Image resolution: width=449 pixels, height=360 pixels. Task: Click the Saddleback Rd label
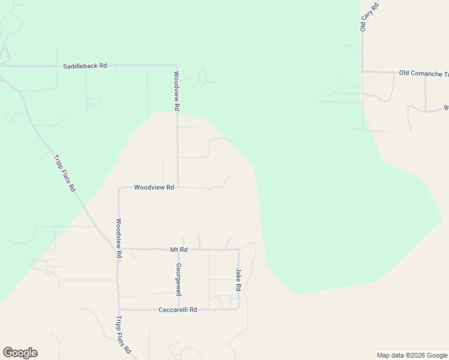coord(85,65)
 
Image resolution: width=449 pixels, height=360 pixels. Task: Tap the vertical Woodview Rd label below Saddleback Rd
coord(176,91)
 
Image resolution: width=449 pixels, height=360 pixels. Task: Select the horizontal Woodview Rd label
coord(154,187)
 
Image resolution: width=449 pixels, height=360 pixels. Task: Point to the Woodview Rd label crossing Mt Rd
coord(119,238)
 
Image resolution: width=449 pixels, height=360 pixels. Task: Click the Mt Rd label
coord(179,249)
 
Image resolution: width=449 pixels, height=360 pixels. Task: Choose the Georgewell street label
coord(178,280)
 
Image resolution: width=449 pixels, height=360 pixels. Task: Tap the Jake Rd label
coord(238,280)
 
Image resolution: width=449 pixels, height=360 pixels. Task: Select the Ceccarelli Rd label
coord(178,310)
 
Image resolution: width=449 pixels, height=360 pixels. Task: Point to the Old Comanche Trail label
coord(424,73)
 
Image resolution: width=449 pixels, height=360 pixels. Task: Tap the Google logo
coord(20,353)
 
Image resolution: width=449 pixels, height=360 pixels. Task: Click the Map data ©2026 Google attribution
coord(411,355)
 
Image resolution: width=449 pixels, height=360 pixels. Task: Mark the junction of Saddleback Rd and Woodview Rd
coord(176,65)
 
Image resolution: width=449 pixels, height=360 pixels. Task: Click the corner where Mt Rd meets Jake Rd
coord(239,249)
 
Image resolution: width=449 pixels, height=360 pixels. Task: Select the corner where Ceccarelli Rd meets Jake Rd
coord(238,310)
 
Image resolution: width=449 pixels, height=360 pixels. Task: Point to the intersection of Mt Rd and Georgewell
coord(179,249)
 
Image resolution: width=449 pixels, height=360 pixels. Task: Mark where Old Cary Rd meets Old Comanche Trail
coord(363,72)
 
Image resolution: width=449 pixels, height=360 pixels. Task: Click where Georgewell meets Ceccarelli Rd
coord(179,310)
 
